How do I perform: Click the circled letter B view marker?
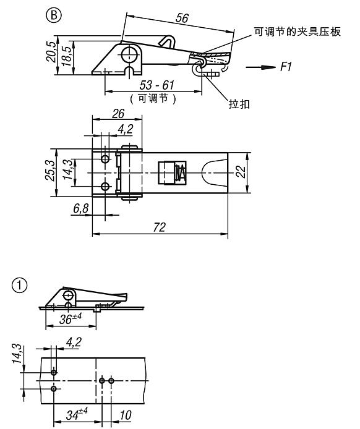click(54, 15)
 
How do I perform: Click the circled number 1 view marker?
click(20, 286)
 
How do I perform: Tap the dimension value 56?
click(182, 18)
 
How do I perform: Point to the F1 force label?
click(286, 67)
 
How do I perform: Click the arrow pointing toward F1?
click(260, 67)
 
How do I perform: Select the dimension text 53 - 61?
click(157, 85)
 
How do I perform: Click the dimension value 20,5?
click(51, 51)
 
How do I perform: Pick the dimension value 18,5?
click(66, 56)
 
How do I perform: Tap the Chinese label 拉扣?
click(239, 104)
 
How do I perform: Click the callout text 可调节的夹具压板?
click(298, 32)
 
